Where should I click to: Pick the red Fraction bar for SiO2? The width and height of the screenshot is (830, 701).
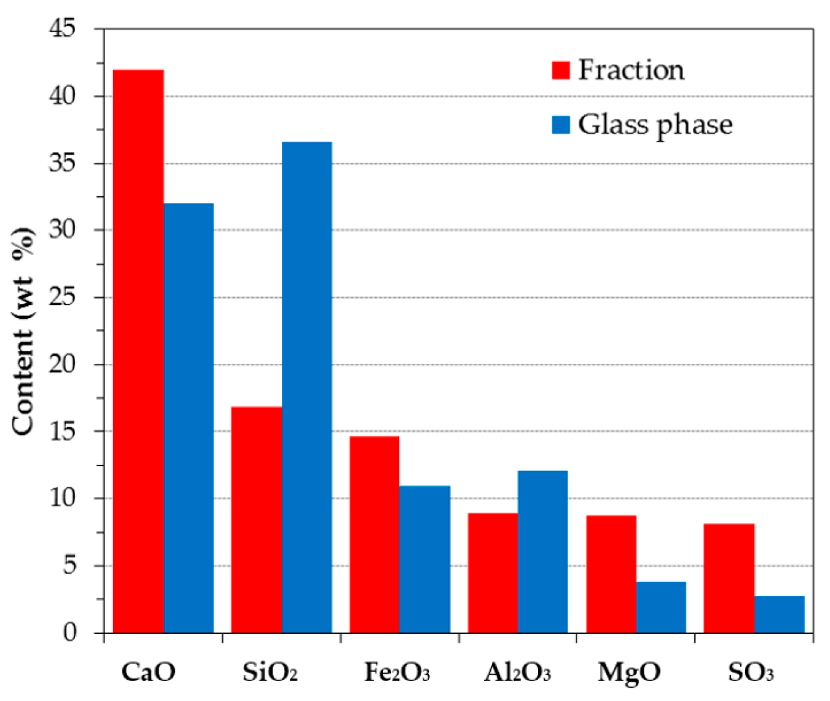point(257,519)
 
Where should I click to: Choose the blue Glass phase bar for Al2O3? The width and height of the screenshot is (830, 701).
point(543,551)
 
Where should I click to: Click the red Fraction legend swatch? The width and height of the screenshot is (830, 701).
point(561,70)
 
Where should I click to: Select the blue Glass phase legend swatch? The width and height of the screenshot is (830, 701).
point(561,125)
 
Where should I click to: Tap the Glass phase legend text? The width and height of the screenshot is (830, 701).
point(655,125)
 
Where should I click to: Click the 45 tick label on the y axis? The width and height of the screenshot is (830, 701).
point(63,28)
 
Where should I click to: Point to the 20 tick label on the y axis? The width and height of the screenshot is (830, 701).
point(63,364)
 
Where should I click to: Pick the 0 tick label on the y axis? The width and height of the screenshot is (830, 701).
point(70,632)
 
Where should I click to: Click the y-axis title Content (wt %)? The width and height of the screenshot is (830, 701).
point(23,331)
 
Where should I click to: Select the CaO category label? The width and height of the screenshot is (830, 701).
point(148,672)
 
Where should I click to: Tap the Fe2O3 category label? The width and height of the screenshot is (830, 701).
point(397,672)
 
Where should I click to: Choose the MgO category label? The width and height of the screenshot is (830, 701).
point(628,672)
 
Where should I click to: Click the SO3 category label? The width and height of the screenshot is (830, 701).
point(751,672)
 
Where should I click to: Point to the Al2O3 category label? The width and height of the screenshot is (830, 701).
point(517,672)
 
